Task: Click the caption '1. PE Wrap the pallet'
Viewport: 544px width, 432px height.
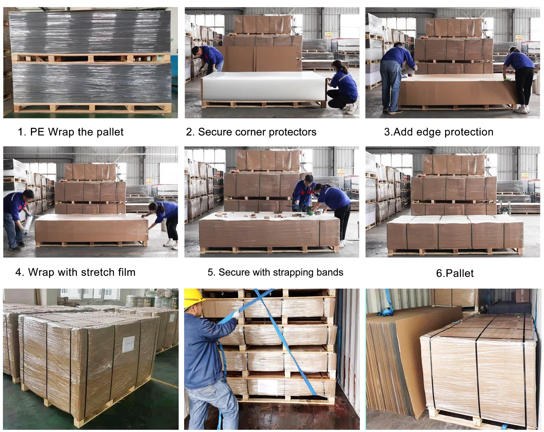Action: click(71, 132)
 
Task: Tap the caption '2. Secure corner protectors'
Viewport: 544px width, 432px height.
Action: click(251, 132)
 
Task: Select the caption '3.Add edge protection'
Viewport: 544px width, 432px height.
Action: click(438, 132)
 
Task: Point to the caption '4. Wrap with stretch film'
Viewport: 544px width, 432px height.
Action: click(75, 272)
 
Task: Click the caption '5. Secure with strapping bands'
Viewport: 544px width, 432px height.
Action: click(275, 272)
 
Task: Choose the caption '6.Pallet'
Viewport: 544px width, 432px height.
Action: click(454, 273)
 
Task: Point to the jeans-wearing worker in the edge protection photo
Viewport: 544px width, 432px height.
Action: click(393, 76)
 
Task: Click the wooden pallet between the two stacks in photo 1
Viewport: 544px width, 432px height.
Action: click(91, 58)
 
